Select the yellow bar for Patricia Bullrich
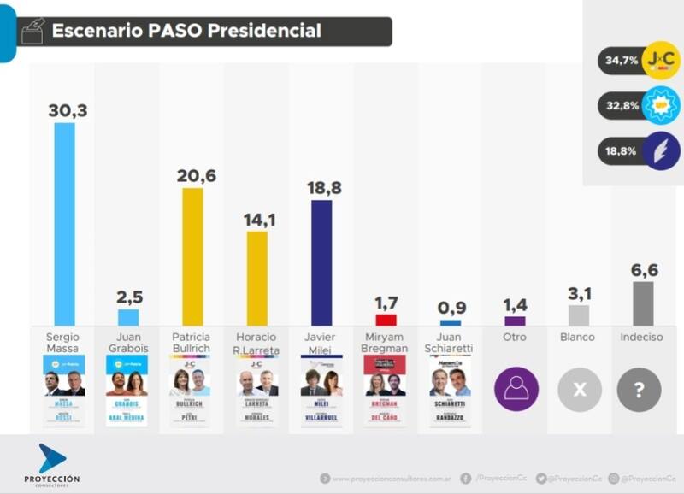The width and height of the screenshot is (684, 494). [192, 256]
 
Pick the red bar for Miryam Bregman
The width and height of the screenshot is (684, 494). [386, 321]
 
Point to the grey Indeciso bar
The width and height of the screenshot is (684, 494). [643, 304]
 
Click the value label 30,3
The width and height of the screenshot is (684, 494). [68, 111]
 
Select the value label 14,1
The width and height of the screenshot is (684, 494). [256, 220]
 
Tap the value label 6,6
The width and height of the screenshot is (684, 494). [644, 270]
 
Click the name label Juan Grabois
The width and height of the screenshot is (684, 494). [128, 344]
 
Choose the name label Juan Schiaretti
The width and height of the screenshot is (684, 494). [450, 344]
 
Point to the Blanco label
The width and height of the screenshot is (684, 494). [578, 338]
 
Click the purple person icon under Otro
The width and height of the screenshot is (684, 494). [516, 391]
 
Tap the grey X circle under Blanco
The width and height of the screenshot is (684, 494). [579, 391]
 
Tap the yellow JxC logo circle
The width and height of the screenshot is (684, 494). [660, 61]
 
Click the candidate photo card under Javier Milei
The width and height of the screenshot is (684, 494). [321, 391]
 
